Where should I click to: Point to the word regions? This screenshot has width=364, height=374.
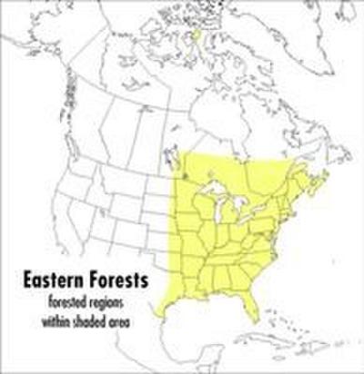(x=113, y=301)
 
